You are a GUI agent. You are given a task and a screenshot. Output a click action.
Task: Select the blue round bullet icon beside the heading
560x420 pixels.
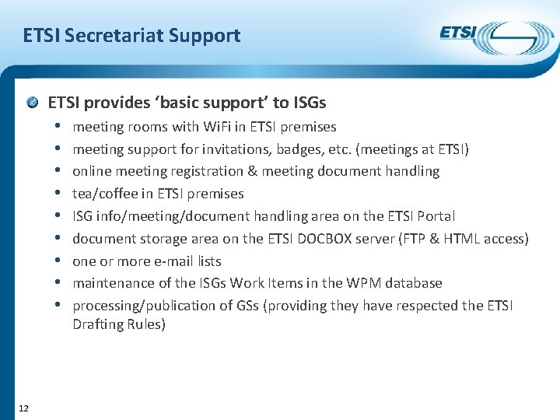click(34, 103)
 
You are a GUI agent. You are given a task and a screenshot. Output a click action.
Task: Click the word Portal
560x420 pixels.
click(435, 216)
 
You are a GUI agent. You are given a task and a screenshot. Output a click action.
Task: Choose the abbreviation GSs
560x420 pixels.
click(248, 306)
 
